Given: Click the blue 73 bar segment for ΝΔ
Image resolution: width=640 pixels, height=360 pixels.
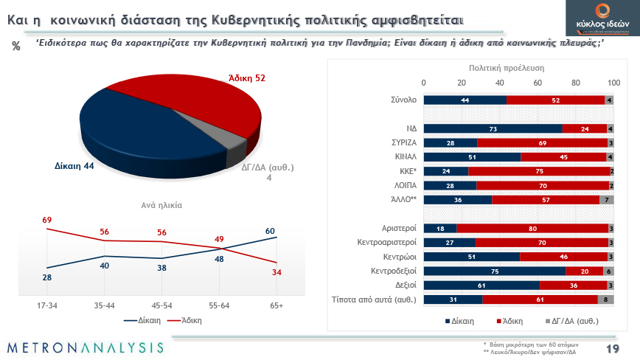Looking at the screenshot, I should click(x=493, y=128).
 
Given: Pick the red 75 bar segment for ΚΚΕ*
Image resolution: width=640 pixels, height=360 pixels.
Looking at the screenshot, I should click(x=538, y=170).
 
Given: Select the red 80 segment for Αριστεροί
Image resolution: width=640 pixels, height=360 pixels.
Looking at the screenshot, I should click(x=532, y=229).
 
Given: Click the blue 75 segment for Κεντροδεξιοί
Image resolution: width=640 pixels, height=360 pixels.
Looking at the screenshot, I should click(x=494, y=271).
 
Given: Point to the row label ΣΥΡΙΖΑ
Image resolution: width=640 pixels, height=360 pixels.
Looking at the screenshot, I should click(x=404, y=142).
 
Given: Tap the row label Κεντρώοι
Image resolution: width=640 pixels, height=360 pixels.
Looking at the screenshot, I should click(x=400, y=257).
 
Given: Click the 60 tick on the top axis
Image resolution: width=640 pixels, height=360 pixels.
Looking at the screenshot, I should click(x=538, y=82).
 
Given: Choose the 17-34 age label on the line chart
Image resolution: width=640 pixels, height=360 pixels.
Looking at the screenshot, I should click(x=48, y=305).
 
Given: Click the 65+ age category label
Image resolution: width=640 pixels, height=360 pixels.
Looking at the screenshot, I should click(x=276, y=305).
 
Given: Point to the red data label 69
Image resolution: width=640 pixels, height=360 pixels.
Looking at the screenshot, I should click(x=46, y=220).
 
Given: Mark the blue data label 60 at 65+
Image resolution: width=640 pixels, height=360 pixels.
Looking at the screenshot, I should click(x=270, y=230).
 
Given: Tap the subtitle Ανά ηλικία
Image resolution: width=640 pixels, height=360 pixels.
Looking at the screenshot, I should click(x=161, y=205).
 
